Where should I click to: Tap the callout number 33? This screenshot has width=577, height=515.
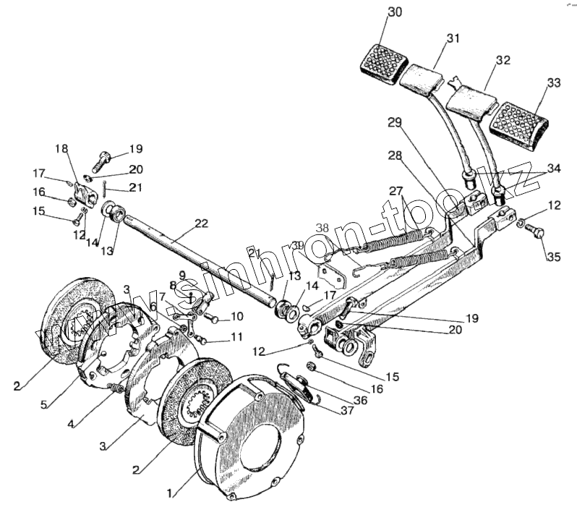[x=553, y=83]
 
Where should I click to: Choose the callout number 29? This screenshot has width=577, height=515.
[x=393, y=123]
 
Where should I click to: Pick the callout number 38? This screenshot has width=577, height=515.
[x=321, y=226]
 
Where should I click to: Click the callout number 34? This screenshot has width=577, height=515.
[x=553, y=169]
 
